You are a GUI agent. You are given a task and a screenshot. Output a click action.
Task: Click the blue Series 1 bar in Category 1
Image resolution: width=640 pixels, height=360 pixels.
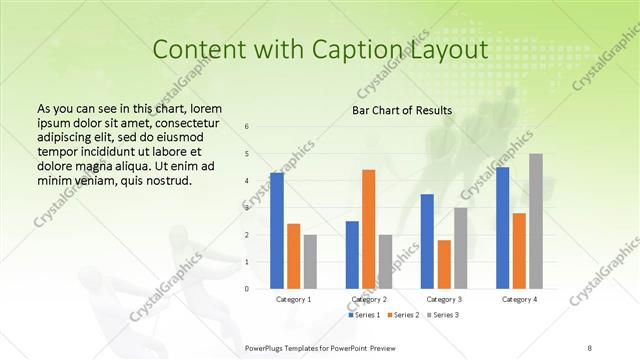pyautogui.click(x=276, y=230)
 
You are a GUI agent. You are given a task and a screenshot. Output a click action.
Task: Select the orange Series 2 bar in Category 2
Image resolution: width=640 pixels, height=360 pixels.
pyautogui.click(x=368, y=229)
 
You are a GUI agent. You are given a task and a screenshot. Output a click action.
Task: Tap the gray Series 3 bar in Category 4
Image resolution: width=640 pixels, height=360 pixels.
pyautogui.click(x=536, y=221)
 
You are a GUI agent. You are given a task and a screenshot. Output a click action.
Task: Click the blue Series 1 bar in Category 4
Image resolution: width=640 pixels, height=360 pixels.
pyautogui.click(x=502, y=227)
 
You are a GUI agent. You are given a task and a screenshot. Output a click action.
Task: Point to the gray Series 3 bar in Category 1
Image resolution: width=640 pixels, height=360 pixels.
pyautogui.click(x=310, y=261)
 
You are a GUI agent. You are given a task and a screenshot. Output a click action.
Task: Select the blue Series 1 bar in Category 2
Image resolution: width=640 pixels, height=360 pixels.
pyautogui.click(x=352, y=254)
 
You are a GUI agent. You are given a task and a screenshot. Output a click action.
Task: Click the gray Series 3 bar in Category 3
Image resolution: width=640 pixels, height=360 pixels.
pyautogui.click(x=460, y=248)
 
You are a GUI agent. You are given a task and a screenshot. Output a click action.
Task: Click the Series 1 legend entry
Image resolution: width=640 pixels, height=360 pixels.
pyautogui.click(x=364, y=315)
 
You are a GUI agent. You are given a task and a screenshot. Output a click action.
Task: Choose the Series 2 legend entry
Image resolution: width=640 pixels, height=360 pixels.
pyautogui.click(x=402, y=315)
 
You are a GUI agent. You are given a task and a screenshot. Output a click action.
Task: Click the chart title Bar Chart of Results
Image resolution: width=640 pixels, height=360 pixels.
pyautogui.click(x=402, y=110)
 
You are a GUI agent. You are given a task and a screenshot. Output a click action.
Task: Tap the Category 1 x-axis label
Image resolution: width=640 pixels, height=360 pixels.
pyautogui.click(x=293, y=299)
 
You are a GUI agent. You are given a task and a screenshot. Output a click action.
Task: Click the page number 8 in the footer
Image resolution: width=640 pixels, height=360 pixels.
pyautogui.click(x=589, y=347)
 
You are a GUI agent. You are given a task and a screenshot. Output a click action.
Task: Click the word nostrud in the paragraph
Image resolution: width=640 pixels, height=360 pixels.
pyautogui.click(x=162, y=181)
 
